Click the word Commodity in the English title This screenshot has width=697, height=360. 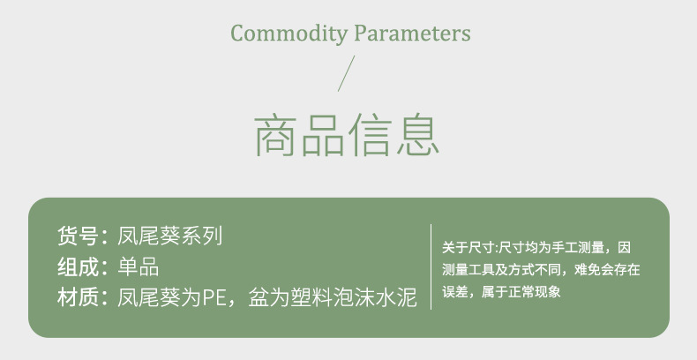click(x=289, y=34)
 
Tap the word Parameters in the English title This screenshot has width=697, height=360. click(x=413, y=33)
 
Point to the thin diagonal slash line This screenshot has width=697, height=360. click(x=346, y=73)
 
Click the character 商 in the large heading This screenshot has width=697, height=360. click(x=276, y=136)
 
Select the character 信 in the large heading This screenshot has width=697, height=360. click(x=371, y=135)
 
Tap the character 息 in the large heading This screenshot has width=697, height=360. click(x=418, y=135)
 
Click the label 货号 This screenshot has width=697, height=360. click(x=78, y=236)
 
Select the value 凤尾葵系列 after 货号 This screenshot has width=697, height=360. click(x=169, y=236)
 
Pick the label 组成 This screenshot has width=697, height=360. click(x=78, y=266)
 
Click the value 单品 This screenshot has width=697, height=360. click(x=139, y=266)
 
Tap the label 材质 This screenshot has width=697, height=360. click(x=78, y=296)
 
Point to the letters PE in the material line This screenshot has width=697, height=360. click(x=214, y=297)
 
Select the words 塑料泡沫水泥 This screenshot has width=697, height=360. click(x=354, y=296)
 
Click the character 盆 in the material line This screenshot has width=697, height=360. click(x=259, y=296)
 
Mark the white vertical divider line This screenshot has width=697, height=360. click(x=431, y=266)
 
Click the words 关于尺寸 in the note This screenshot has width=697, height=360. click(x=468, y=247)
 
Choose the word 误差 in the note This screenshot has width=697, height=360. click(x=454, y=291)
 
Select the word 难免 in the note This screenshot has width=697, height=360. click(x=588, y=269)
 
